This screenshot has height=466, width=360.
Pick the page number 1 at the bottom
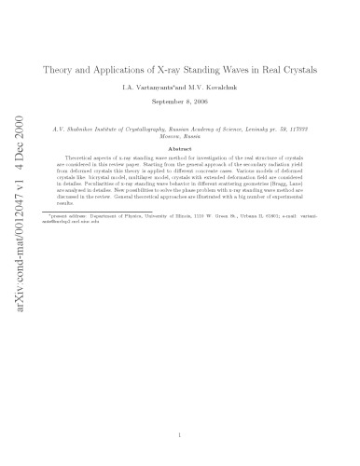point(189,432)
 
